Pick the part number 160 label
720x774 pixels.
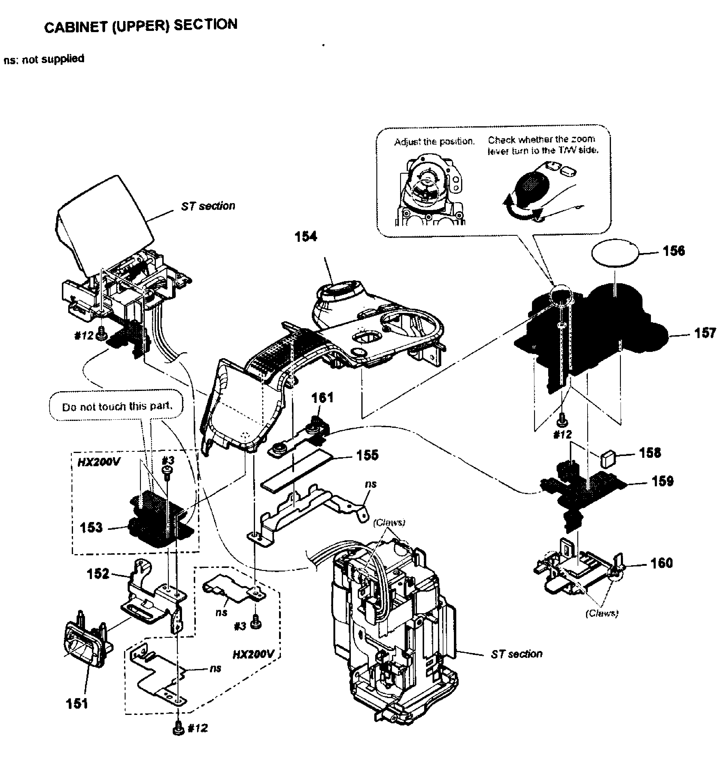pyautogui.click(x=661, y=563)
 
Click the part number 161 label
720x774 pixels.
pyautogui.click(x=322, y=398)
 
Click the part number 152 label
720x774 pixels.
pyautogui.click(x=98, y=573)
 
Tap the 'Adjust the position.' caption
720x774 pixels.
pyautogui.click(x=434, y=141)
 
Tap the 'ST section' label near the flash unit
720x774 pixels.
pyautogui.click(x=208, y=206)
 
